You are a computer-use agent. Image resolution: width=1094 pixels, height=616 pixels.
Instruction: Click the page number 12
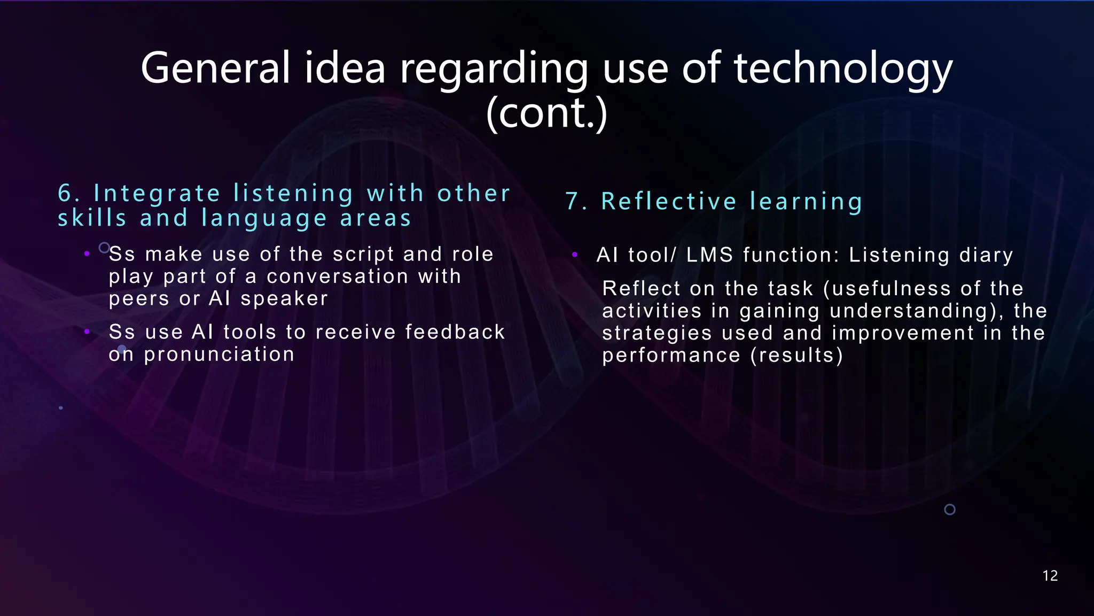tap(1050, 576)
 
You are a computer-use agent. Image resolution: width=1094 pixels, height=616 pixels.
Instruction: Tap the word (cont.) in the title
tap(546, 113)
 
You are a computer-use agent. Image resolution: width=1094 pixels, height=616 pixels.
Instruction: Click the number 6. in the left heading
tap(68, 194)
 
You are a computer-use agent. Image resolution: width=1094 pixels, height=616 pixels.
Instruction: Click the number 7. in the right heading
tap(576, 202)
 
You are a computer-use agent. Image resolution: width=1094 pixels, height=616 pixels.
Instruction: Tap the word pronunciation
tap(219, 355)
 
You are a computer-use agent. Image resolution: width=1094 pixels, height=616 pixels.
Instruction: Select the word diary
tap(986, 256)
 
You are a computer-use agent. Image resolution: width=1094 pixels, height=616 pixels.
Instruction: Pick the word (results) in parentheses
tap(797, 356)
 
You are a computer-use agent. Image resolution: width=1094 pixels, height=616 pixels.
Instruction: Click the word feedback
tap(455, 332)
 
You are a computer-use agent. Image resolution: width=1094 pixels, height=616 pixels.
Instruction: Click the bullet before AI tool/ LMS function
tap(575, 255)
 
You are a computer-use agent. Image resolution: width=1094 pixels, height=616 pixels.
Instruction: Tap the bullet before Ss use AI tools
tap(87, 332)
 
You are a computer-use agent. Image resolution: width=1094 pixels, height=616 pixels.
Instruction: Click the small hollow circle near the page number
tap(950, 510)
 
